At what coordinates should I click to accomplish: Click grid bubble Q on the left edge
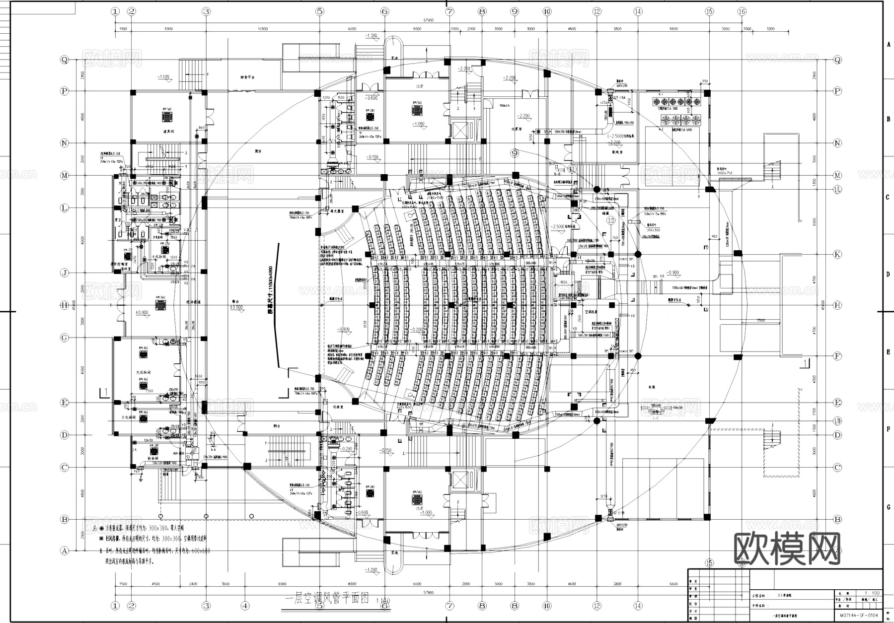tap(64, 60)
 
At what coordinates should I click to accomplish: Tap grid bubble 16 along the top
tap(742, 11)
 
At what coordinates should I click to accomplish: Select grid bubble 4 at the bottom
tap(245, 606)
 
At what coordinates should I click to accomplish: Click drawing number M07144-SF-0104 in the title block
tap(859, 616)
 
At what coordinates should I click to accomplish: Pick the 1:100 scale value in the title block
tap(872, 593)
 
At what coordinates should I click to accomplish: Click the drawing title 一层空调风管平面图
tap(326, 599)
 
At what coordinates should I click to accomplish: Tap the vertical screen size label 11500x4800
tap(270, 289)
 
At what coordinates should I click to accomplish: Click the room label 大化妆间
tap(143, 372)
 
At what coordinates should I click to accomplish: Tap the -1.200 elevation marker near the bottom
tap(371, 570)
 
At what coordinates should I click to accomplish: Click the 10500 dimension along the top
tap(262, 29)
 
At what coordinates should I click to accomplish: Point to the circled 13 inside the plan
tap(610, 220)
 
